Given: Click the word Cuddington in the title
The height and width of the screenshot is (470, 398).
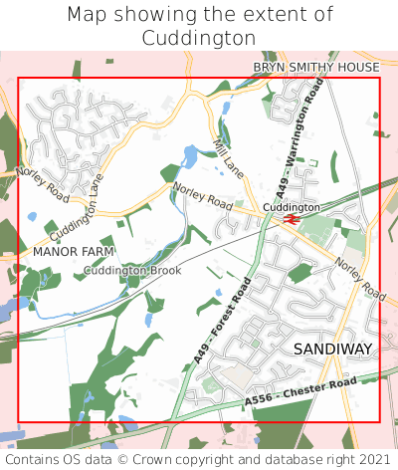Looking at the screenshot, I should [199, 38].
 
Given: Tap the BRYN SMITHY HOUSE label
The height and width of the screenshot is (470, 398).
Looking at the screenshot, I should [315, 67].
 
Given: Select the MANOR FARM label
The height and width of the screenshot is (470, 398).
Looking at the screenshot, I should [74, 252].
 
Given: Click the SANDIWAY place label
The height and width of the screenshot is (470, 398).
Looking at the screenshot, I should [333, 349].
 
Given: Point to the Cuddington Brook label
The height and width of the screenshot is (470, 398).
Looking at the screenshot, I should [132, 271].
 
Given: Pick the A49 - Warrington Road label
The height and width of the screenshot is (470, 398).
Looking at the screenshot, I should [300, 138].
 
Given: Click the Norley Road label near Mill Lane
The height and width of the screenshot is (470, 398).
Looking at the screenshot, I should [202, 195].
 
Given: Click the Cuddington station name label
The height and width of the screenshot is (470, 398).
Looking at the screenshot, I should [292, 207].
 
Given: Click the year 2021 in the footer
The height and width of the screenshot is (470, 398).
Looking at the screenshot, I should [373, 459].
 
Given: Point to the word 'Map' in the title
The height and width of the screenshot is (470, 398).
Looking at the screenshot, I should [89, 15].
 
